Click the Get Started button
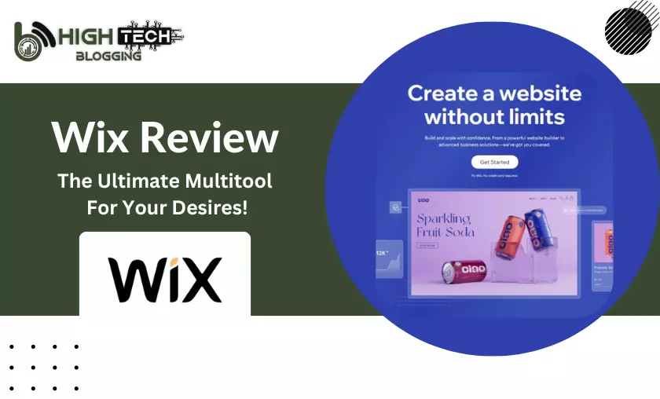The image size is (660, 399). pos(494,162)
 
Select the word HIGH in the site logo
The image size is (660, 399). pos(84,36)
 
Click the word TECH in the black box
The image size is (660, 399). pos(144,36)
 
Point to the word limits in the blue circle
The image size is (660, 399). pos(535,117)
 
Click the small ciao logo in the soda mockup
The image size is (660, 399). pos(423,199)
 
